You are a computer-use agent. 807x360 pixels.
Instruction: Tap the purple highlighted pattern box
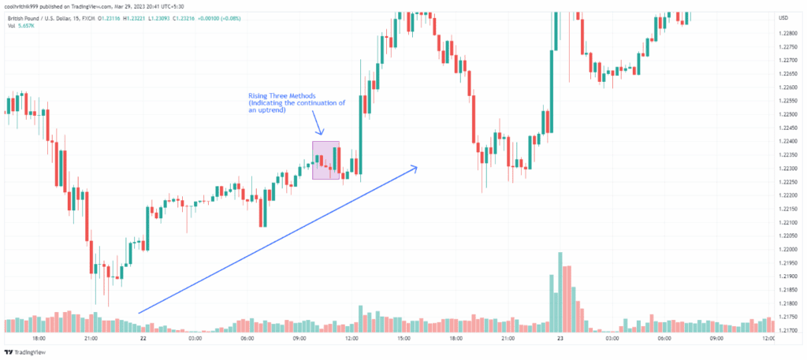[325, 160]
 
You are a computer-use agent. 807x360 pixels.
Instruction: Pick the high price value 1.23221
[145, 17]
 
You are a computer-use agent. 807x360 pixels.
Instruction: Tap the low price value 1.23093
[173, 17]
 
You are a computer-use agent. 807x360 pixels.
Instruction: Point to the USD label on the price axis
[783, 17]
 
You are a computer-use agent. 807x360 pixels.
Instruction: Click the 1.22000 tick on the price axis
[787, 249]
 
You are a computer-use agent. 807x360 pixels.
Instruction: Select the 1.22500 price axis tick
[787, 114]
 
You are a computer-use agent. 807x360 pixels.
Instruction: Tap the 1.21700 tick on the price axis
[787, 330]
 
